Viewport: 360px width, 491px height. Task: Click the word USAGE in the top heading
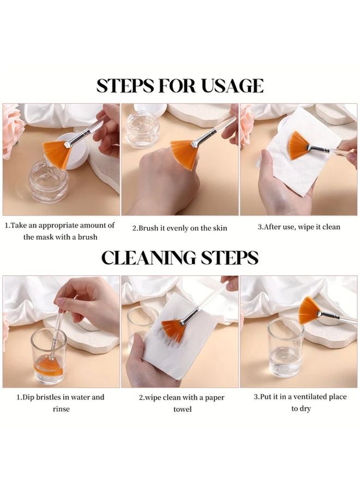(x=232, y=86)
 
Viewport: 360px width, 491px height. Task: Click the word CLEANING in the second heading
(x=148, y=258)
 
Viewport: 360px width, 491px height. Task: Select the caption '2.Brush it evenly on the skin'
(x=179, y=228)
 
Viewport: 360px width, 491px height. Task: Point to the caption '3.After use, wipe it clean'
(x=299, y=227)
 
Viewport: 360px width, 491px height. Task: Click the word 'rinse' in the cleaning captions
(x=61, y=409)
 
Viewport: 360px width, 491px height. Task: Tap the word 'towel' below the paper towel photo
(x=183, y=409)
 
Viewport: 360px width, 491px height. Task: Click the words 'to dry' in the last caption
(x=301, y=409)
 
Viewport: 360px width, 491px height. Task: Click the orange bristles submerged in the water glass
(x=48, y=367)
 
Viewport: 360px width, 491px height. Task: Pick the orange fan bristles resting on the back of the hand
(x=184, y=154)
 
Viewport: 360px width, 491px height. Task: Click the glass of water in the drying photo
(x=285, y=348)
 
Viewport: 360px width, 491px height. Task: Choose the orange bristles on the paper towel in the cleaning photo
(x=173, y=331)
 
